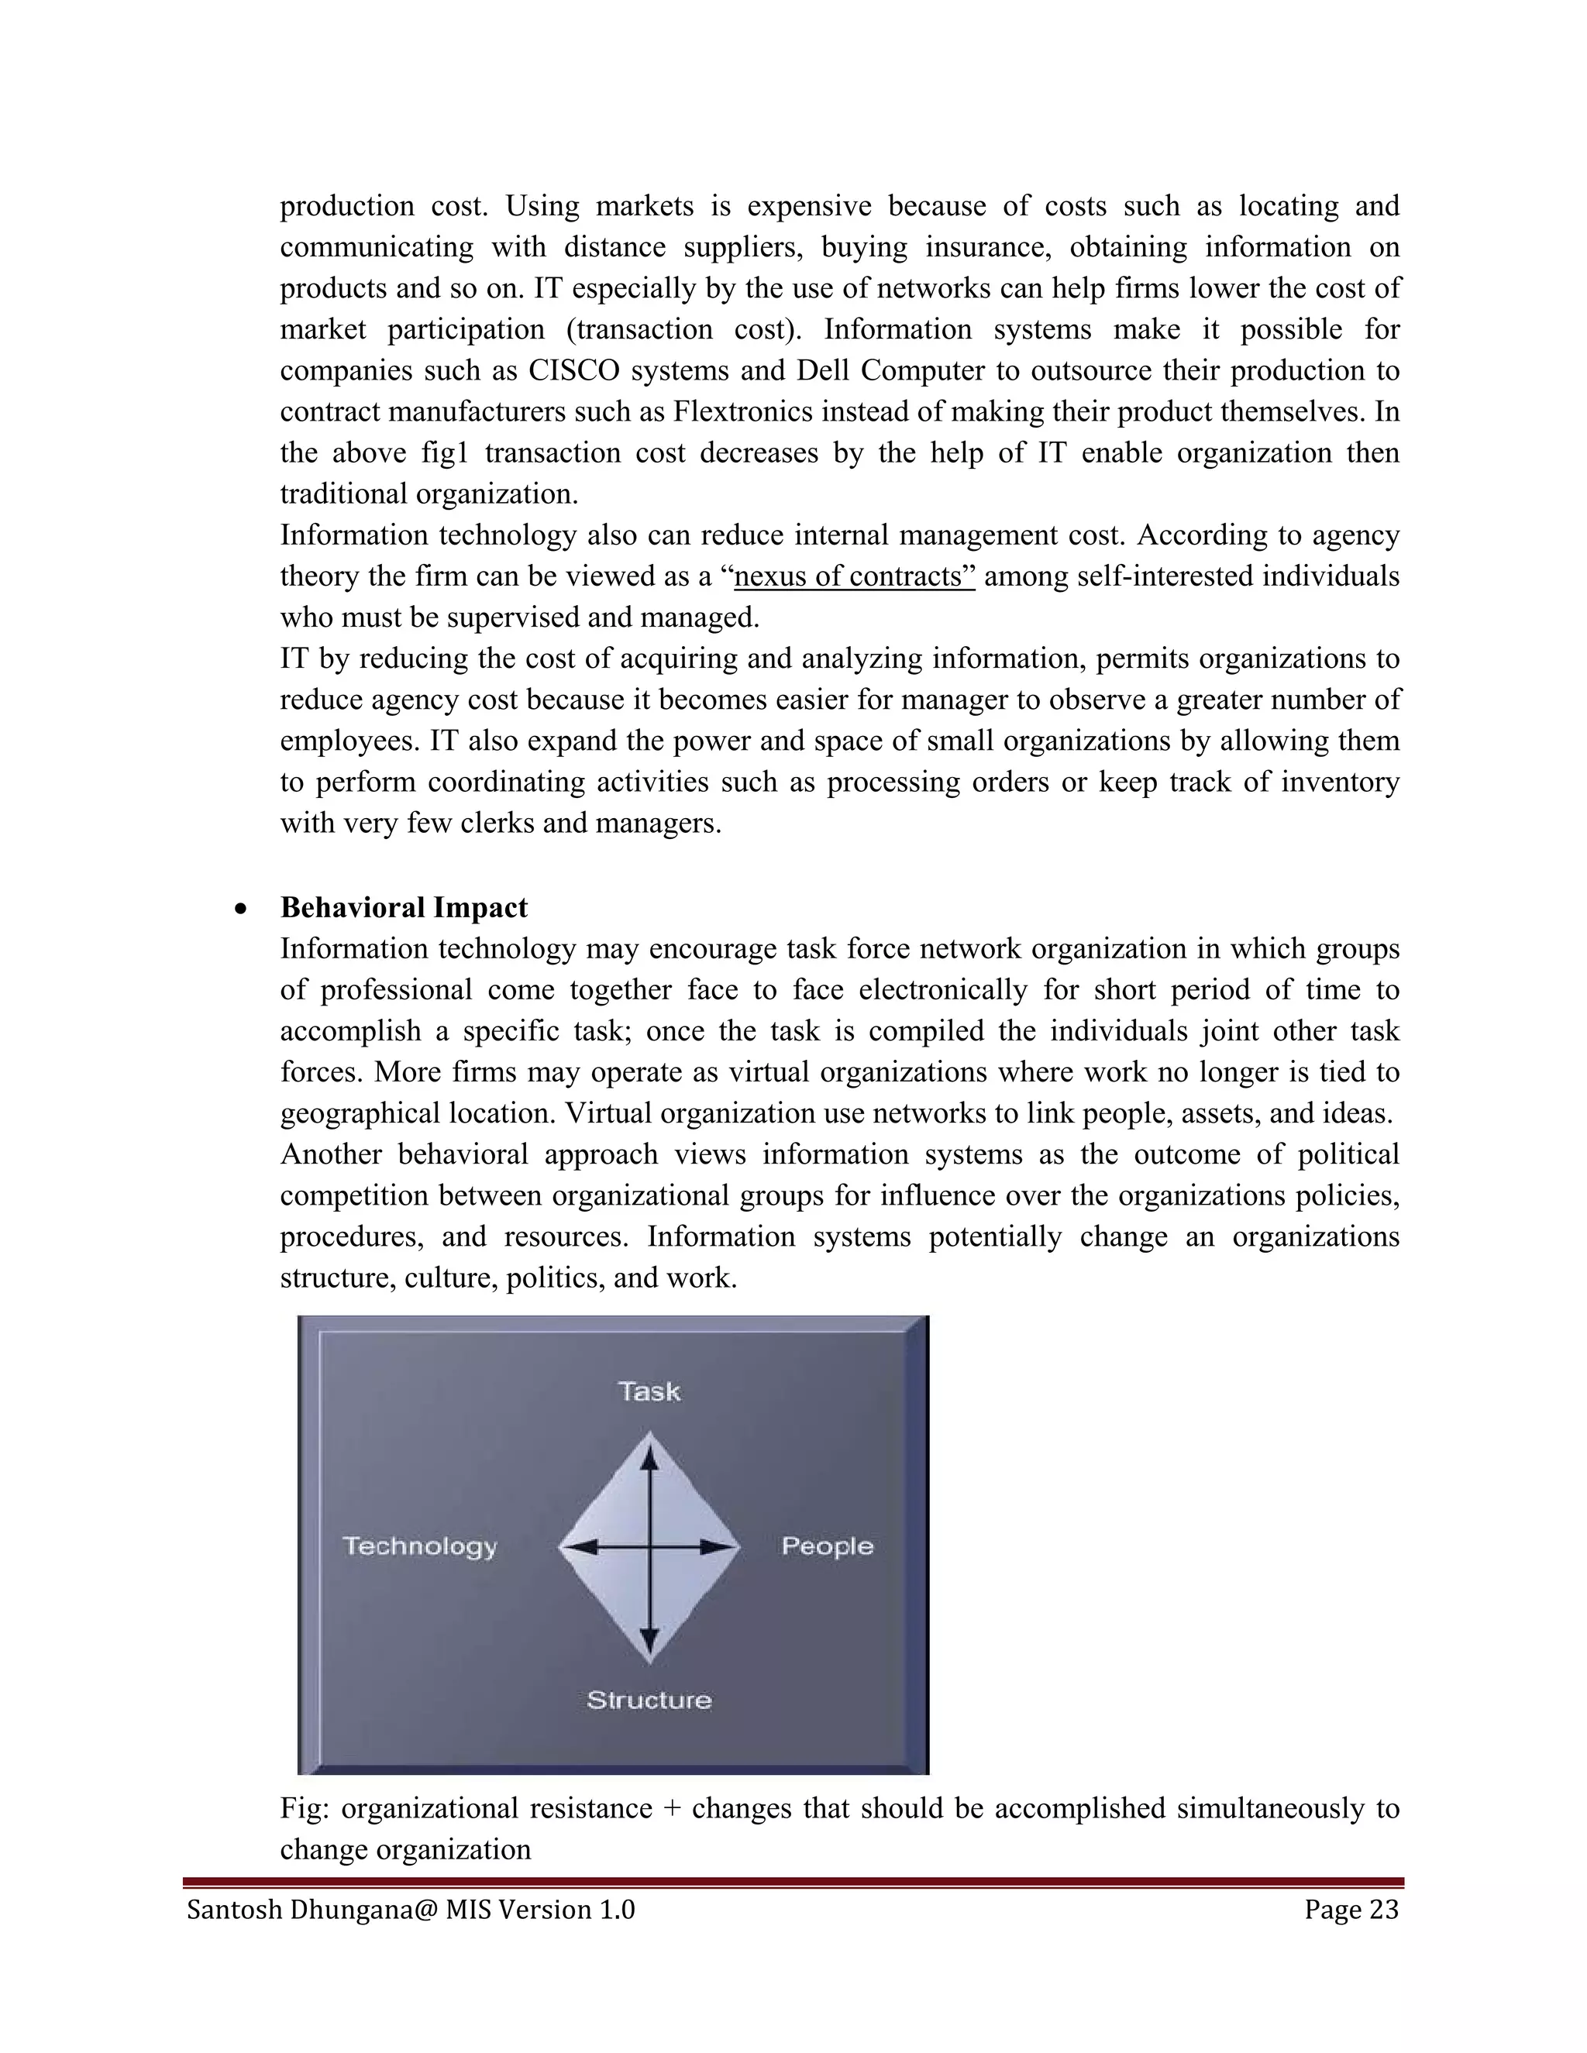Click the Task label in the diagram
click(649, 1391)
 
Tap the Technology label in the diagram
click(419, 1546)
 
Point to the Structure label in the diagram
click(649, 1700)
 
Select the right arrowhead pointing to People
click(718, 1546)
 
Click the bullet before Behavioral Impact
click(242, 909)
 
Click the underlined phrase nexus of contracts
click(854, 576)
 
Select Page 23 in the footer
click(1351, 1909)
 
